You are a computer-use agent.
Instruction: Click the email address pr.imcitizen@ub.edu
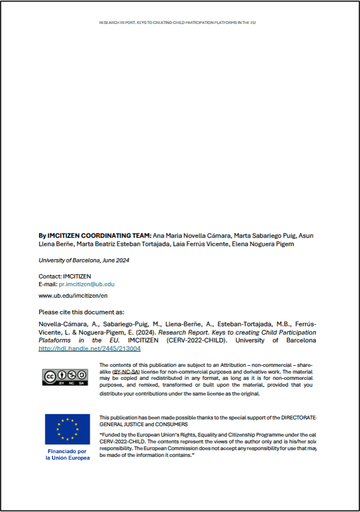point(86,285)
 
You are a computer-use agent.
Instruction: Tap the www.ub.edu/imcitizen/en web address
point(73,296)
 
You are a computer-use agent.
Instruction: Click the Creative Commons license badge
point(65,377)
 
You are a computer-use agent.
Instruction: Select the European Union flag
point(67,429)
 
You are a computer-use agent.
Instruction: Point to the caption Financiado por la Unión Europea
point(68,454)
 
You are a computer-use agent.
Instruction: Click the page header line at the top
point(177,23)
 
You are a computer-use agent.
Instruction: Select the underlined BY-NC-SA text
point(125,373)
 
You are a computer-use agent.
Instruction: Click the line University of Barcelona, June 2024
point(84,260)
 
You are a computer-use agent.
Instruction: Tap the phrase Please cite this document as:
point(81,312)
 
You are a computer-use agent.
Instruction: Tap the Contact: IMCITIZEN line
point(65,277)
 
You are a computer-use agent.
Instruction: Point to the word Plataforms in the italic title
point(55,340)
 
